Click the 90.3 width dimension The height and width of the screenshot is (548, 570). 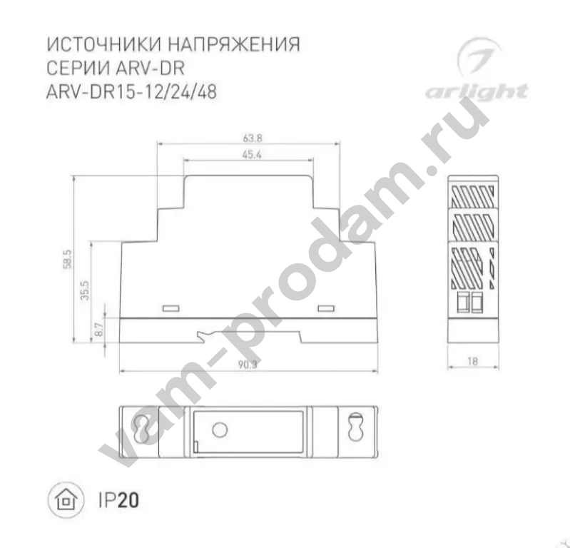[247, 365]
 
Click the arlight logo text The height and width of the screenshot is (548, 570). [477, 91]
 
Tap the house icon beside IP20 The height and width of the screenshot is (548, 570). [64, 499]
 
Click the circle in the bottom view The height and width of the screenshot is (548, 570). [220, 429]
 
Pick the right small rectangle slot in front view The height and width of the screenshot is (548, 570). [326, 308]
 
